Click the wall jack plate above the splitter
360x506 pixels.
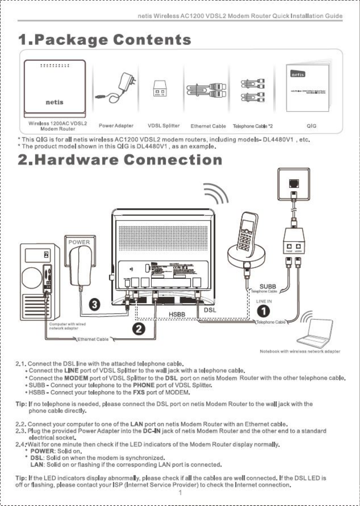click(293, 184)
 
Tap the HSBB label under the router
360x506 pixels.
click(176, 315)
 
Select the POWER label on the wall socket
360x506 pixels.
click(79, 242)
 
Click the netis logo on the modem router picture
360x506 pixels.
click(55, 102)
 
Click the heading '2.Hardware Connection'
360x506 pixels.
click(120, 160)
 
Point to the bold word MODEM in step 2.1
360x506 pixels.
click(76, 378)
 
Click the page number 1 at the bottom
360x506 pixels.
click(180, 493)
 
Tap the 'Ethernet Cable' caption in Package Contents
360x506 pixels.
click(208, 126)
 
